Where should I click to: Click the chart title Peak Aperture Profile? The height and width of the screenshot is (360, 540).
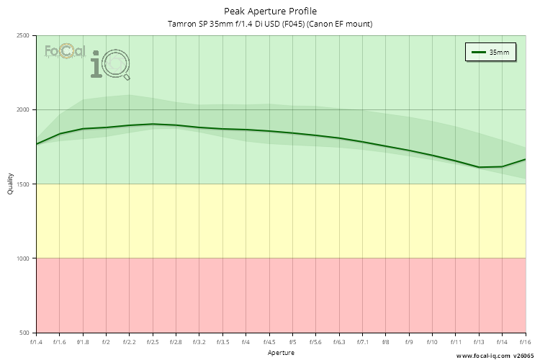tap(270, 11)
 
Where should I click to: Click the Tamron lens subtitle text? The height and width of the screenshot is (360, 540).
tap(270, 24)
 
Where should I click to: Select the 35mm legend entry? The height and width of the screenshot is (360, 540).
tap(490, 53)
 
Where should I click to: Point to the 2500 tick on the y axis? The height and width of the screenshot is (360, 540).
tap(22, 36)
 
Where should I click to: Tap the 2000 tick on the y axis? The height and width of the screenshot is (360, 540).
tap(22, 110)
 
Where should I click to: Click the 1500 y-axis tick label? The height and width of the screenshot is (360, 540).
tap(22, 184)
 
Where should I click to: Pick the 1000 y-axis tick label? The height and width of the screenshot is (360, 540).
tap(22, 258)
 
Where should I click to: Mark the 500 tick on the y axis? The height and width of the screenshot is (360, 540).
tap(24, 333)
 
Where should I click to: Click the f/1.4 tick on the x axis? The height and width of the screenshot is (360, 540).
tap(36, 341)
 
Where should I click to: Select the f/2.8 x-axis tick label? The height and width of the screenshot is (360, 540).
tap(176, 341)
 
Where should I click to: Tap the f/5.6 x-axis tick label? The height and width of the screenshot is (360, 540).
tap(316, 341)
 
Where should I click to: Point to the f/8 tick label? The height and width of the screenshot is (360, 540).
tap(386, 341)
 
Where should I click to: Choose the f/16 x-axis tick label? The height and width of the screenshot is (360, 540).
tap(525, 341)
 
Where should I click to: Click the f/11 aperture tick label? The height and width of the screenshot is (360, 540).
tap(456, 341)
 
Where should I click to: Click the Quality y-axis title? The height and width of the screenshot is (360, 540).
tap(10, 184)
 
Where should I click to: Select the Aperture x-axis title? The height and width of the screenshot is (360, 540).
tap(281, 353)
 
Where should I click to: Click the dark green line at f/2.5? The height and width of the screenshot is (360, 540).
tap(153, 124)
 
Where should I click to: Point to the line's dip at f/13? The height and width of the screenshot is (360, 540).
tap(479, 167)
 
